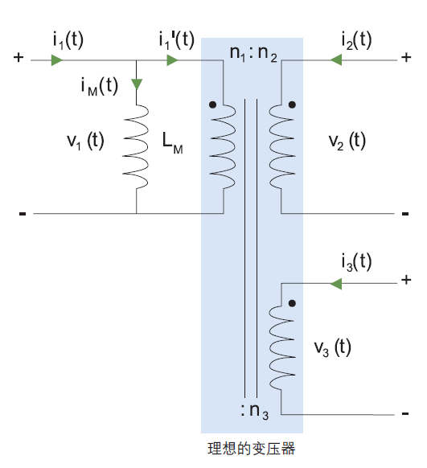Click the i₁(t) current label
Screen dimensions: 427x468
point(68,40)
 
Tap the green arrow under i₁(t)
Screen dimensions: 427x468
point(57,60)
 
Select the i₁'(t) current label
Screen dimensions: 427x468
point(176,40)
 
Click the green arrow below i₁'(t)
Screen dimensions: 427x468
point(172,60)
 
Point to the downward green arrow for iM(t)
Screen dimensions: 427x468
point(137,84)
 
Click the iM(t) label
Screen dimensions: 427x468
point(100,86)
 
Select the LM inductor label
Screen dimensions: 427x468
point(172,143)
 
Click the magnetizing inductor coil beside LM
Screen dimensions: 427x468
point(136,147)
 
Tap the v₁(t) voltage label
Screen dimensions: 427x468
point(85,141)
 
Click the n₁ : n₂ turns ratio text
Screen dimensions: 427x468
point(253,53)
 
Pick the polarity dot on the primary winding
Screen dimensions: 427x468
point(212,105)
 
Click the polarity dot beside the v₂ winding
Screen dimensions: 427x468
point(292,105)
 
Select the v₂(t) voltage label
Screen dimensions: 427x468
point(347,141)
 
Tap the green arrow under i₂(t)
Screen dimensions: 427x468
point(335,60)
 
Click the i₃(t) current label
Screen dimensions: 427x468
point(356,262)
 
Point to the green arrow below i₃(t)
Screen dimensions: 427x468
point(335,284)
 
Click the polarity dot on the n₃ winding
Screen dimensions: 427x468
point(292,303)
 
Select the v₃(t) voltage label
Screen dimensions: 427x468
point(332,347)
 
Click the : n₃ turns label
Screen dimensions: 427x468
point(255,411)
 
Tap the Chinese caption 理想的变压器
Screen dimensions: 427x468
point(251,449)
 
